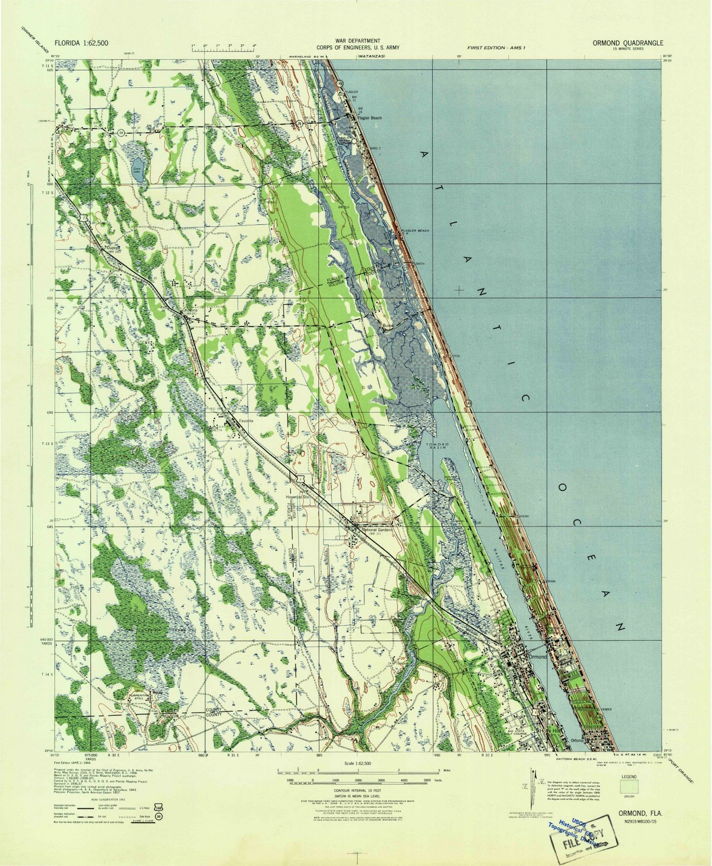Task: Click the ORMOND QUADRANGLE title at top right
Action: pyautogui.click(x=627, y=43)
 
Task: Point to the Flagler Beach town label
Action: pyautogui.click(x=370, y=118)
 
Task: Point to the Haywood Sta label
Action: pyautogui.click(x=297, y=496)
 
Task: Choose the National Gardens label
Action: pyautogui.click(x=373, y=530)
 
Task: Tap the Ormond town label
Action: pyautogui.click(x=538, y=657)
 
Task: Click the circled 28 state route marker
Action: pyautogui.click(x=121, y=132)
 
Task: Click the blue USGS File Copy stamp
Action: pyautogui.click(x=582, y=826)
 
